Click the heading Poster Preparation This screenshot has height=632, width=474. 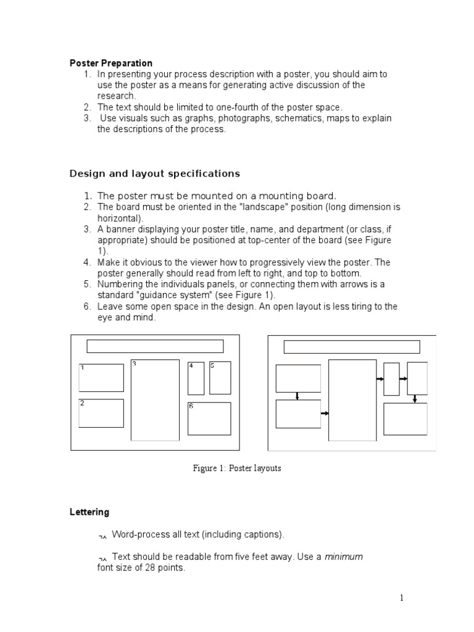pyautogui.click(x=110, y=63)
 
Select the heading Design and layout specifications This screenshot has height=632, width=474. pyautogui.click(x=154, y=173)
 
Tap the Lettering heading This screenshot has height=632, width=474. pyautogui.click(x=89, y=512)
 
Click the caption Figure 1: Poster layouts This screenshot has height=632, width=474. pyautogui.click(x=237, y=468)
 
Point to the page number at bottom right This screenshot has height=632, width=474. pyautogui.click(x=401, y=597)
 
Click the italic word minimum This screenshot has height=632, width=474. pyautogui.click(x=344, y=557)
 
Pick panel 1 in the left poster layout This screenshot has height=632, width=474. pyautogui.click(x=101, y=378)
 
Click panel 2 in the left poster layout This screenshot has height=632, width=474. pyautogui.click(x=101, y=413)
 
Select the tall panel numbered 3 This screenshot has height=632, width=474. pyautogui.click(x=155, y=400)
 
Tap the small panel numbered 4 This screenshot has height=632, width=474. pyautogui.click(x=196, y=378)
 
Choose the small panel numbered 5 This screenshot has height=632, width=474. pyautogui.click(x=220, y=378)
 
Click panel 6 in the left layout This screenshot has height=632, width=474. pyautogui.click(x=209, y=418)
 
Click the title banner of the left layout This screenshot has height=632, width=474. pyautogui.click(x=155, y=346)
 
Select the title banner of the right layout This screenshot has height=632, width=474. pyautogui.click(x=351, y=346)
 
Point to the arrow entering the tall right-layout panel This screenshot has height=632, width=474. pyautogui.click(x=324, y=414)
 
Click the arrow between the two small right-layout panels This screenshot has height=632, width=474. pyautogui.click(x=403, y=378)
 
